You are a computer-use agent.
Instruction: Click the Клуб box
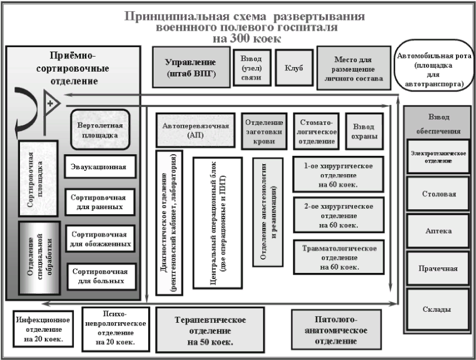pos(293,68)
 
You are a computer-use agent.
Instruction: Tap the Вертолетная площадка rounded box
pos(100,129)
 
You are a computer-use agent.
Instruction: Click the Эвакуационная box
pos(100,166)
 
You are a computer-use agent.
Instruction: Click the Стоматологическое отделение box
pos(316,131)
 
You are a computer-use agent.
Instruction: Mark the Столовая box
pos(439,195)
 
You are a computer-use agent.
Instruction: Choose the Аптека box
pos(439,231)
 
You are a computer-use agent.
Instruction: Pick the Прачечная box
pos(439,269)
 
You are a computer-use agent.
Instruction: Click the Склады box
pos(439,309)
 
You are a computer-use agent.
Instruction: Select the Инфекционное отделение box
pos(43,328)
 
